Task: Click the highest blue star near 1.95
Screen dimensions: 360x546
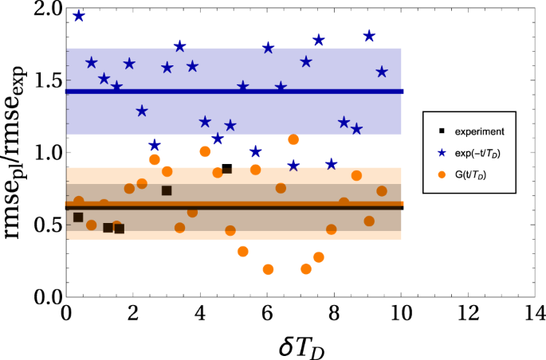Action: click(79, 16)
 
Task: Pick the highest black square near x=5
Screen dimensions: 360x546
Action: click(227, 169)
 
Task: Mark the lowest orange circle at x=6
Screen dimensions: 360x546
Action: click(268, 269)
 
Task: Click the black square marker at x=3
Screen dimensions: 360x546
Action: click(167, 190)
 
